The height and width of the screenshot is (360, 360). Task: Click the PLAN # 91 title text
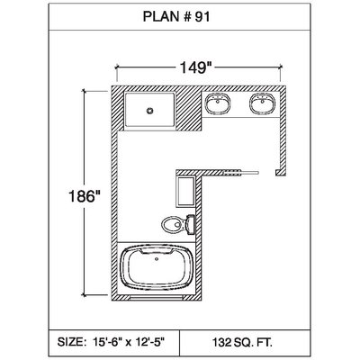pyautogui.click(x=176, y=16)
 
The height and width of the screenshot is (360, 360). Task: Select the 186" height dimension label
pyautogui.click(x=85, y=196)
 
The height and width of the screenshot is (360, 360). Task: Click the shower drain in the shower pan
pyautogui.click(x=149, y=111)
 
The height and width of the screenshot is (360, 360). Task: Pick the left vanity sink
pyautogui.click(x=218, y=103)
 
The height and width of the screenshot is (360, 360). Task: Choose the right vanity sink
pyautogui.click(x=262, y=103)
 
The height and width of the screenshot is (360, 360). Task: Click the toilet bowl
pyautogui.click(x=174, y=224)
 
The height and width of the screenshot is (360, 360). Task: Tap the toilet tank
pyautogui.click(x=190, y=224)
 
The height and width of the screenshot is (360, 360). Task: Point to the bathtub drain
pyautogui.click(x=156, y=258)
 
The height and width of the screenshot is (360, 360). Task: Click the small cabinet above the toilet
pyautogui.click(x=185, y=192)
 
